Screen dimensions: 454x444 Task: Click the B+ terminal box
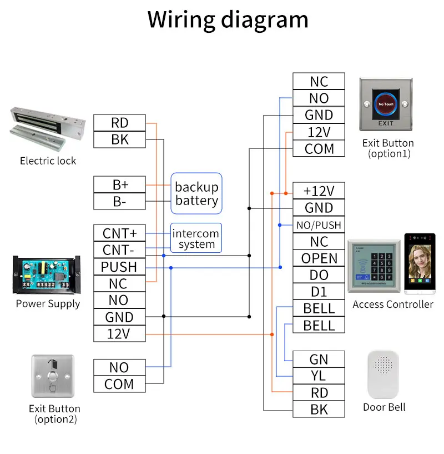click(119, 184)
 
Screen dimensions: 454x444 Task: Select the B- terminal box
click(119, 201)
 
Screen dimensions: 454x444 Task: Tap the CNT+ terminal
click(119, 233)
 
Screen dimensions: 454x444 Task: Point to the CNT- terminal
click(119, 250)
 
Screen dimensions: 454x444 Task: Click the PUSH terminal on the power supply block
click(119, 267)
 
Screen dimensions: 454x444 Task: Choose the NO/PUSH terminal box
click(319, 225)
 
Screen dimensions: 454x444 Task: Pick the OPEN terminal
click(319, 258)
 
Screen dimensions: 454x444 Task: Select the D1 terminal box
click(319, 292)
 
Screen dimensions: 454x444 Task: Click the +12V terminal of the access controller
click(319, 191)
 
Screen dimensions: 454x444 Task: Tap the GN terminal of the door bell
click(319, 360)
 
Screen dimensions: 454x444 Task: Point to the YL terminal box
click(319, 376)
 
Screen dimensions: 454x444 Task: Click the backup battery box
click(196, 193)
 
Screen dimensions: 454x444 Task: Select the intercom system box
click(196, 238)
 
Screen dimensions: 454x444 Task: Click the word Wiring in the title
click(181, 19)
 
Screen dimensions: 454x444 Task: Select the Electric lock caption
click(48, 161)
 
